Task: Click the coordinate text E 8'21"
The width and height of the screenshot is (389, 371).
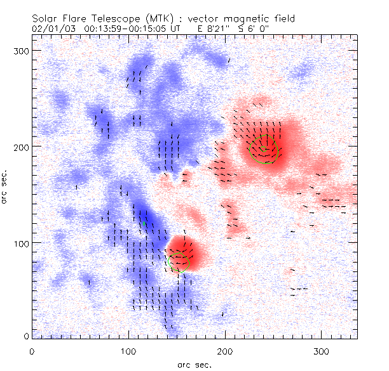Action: [221, 29]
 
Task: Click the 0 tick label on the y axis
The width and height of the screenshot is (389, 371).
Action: [25, 335]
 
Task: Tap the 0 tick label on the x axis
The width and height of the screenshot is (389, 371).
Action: [32, 351]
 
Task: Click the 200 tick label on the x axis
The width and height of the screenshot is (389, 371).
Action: [225, 351]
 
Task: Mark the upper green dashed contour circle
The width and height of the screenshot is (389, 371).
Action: [265, 149]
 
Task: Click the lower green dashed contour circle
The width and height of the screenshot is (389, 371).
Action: [178, 261]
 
